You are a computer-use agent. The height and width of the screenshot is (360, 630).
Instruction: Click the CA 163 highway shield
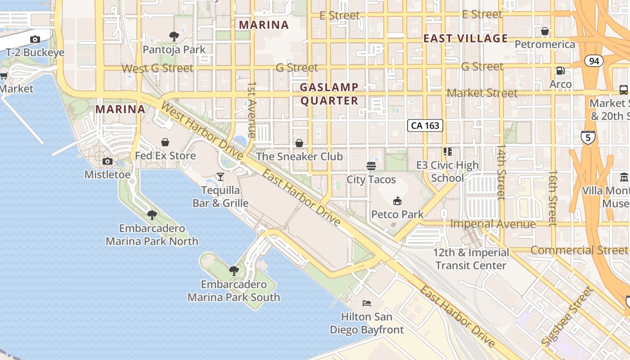[425, 126]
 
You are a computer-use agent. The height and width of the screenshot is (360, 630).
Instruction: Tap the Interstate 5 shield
[588, 137]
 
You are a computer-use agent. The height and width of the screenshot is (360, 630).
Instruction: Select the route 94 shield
[594, 61]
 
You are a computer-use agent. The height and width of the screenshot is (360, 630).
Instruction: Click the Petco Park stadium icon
[397, 201]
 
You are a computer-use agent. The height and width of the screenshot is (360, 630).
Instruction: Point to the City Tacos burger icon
[371, 166]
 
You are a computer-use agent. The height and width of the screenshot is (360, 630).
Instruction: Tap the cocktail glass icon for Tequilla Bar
[220, 176]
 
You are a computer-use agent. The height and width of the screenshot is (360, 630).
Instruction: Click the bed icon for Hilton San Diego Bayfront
[367, 303]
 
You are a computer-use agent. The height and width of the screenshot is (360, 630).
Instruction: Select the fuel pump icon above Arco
[561, 71]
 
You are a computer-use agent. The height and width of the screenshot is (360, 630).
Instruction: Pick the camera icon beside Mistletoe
[108, 161]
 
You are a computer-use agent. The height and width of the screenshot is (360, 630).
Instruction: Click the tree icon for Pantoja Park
[174, 36]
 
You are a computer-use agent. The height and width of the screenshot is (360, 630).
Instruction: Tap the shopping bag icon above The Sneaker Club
[299, 143]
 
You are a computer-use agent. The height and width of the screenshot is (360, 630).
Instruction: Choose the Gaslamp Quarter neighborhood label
[329, 94]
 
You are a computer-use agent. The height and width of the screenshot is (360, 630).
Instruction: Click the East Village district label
[466, 39]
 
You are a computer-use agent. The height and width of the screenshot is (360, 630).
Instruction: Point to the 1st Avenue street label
[252, 109]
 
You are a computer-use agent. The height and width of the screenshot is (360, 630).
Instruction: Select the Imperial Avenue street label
[493, 224]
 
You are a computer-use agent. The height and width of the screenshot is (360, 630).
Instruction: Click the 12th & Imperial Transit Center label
[471, 259]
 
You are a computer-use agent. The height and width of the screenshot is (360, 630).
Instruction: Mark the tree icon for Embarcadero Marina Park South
[234, 270]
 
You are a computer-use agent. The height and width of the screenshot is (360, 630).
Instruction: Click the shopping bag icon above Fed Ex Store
[166, 142]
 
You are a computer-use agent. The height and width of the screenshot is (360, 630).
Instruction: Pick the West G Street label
[157, 68]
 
